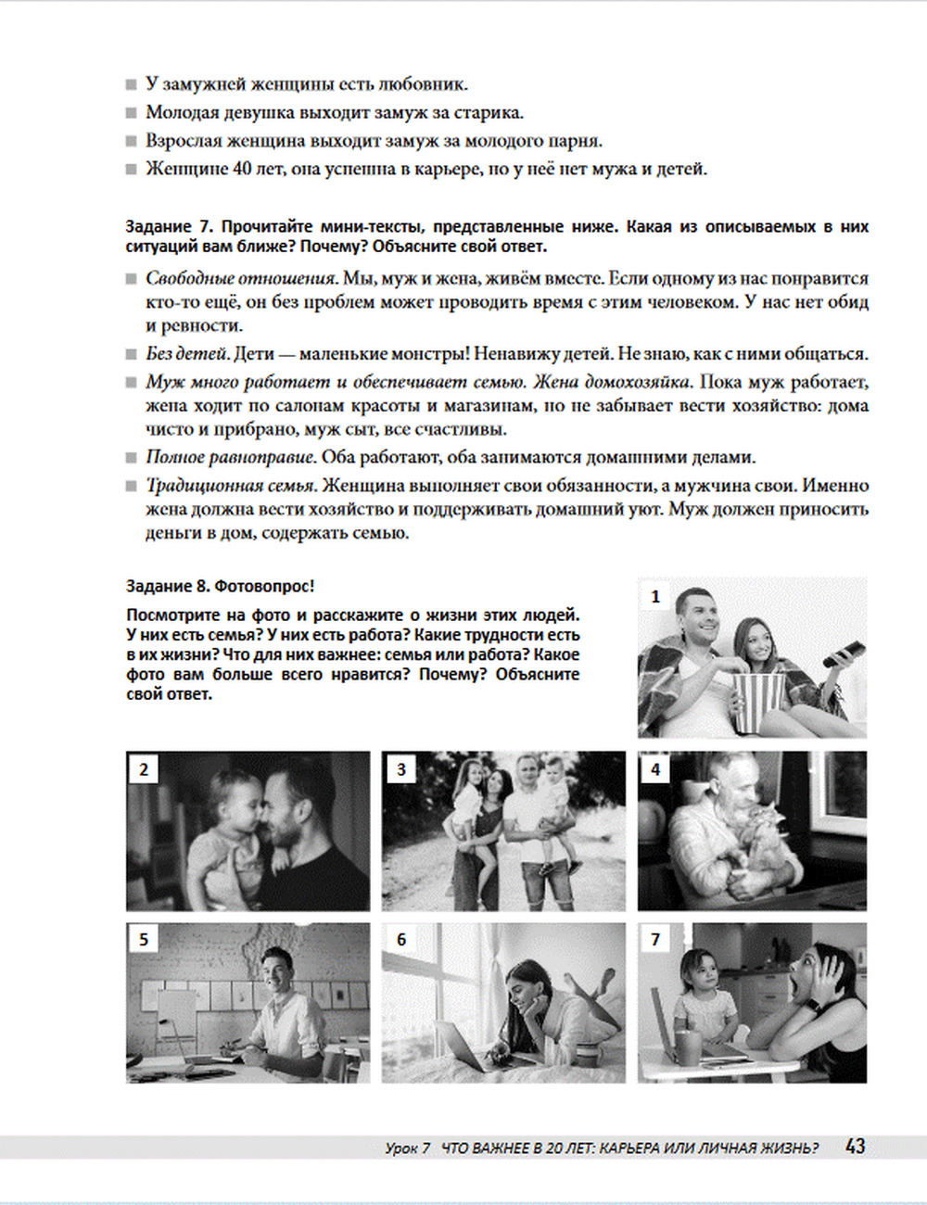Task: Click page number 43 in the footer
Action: [855, 1147]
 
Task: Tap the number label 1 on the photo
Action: [655, 597]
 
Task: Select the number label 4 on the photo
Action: [655, 769]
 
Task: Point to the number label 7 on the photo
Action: [655, 939]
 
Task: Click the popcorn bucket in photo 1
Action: [756, 703]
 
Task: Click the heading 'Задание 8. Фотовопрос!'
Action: [220, 586]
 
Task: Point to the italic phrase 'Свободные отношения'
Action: [241, 279]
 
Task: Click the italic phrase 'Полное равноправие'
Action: [231, 458]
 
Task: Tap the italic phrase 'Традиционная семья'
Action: [231, 486]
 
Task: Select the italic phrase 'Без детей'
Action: [187, 354]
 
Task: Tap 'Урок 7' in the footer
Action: [408, 1148]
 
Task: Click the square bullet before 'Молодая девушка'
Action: [132, 113]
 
